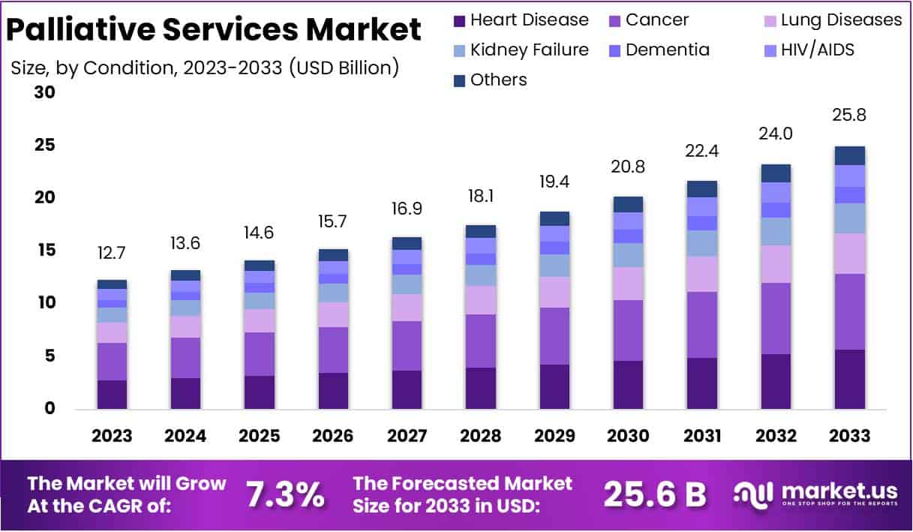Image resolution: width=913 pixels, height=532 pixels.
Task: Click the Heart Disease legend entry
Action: [521, 20]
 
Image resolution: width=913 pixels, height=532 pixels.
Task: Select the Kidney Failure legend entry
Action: [521, 50]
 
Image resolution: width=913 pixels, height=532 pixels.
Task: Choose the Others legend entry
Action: [491, 80]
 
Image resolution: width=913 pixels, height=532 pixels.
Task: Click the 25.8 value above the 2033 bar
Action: [850, 116]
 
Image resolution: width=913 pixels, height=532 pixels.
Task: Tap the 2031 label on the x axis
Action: [702, 436]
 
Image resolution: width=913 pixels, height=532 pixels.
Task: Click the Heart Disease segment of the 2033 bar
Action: [850, 379]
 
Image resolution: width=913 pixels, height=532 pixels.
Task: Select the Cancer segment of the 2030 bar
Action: [628, 330]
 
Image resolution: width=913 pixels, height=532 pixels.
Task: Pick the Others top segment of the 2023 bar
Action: [113, 284]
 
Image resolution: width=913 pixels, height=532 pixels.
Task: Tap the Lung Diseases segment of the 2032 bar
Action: [776, 264]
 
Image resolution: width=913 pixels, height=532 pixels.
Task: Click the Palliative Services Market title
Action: [214, 30]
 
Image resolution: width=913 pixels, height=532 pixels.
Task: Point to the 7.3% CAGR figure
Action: [285, 494]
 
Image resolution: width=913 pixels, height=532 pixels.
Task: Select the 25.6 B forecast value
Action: [655, 494]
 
